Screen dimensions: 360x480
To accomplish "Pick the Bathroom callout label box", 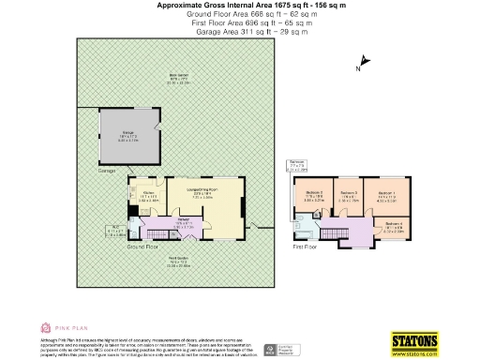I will pos(297,168).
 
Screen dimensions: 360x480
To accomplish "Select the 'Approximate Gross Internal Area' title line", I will pos(240,6).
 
